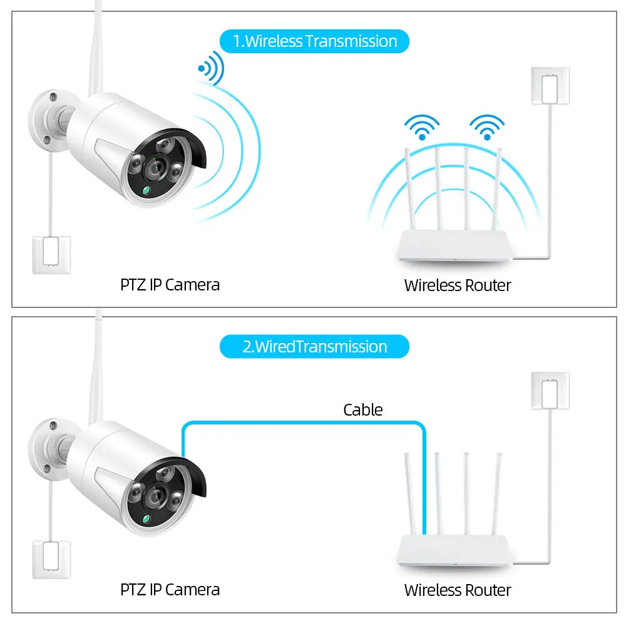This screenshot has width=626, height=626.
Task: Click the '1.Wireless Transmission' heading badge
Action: (314, 41)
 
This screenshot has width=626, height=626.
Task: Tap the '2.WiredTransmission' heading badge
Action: (314, 347)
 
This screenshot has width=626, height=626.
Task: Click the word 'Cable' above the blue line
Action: (363, 409)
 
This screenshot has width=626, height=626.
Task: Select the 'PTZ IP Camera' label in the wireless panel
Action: (170, 285)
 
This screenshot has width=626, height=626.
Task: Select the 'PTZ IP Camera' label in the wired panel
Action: (170, 590)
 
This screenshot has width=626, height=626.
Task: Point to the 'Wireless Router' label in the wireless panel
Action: (458, 285)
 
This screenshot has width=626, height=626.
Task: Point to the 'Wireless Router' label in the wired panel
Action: (458, 590)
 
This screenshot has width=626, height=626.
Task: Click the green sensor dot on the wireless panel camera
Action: (146, 190)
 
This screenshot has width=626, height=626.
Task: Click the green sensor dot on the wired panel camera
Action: (146, 519)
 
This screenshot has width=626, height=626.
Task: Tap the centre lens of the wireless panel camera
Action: (155, 168)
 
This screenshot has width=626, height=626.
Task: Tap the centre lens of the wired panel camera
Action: (155, 497)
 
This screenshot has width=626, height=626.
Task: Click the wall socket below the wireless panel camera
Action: (51, 255)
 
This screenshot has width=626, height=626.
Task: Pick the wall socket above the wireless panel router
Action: (550, 86)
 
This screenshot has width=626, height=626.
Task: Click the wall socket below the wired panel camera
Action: (51, 560)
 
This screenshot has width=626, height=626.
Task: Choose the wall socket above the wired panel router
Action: (550, 391)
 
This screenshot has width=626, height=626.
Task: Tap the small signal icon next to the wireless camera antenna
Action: (211, 68)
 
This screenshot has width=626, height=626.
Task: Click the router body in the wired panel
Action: (454, 550)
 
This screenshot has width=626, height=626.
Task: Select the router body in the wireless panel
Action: (454, 245)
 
